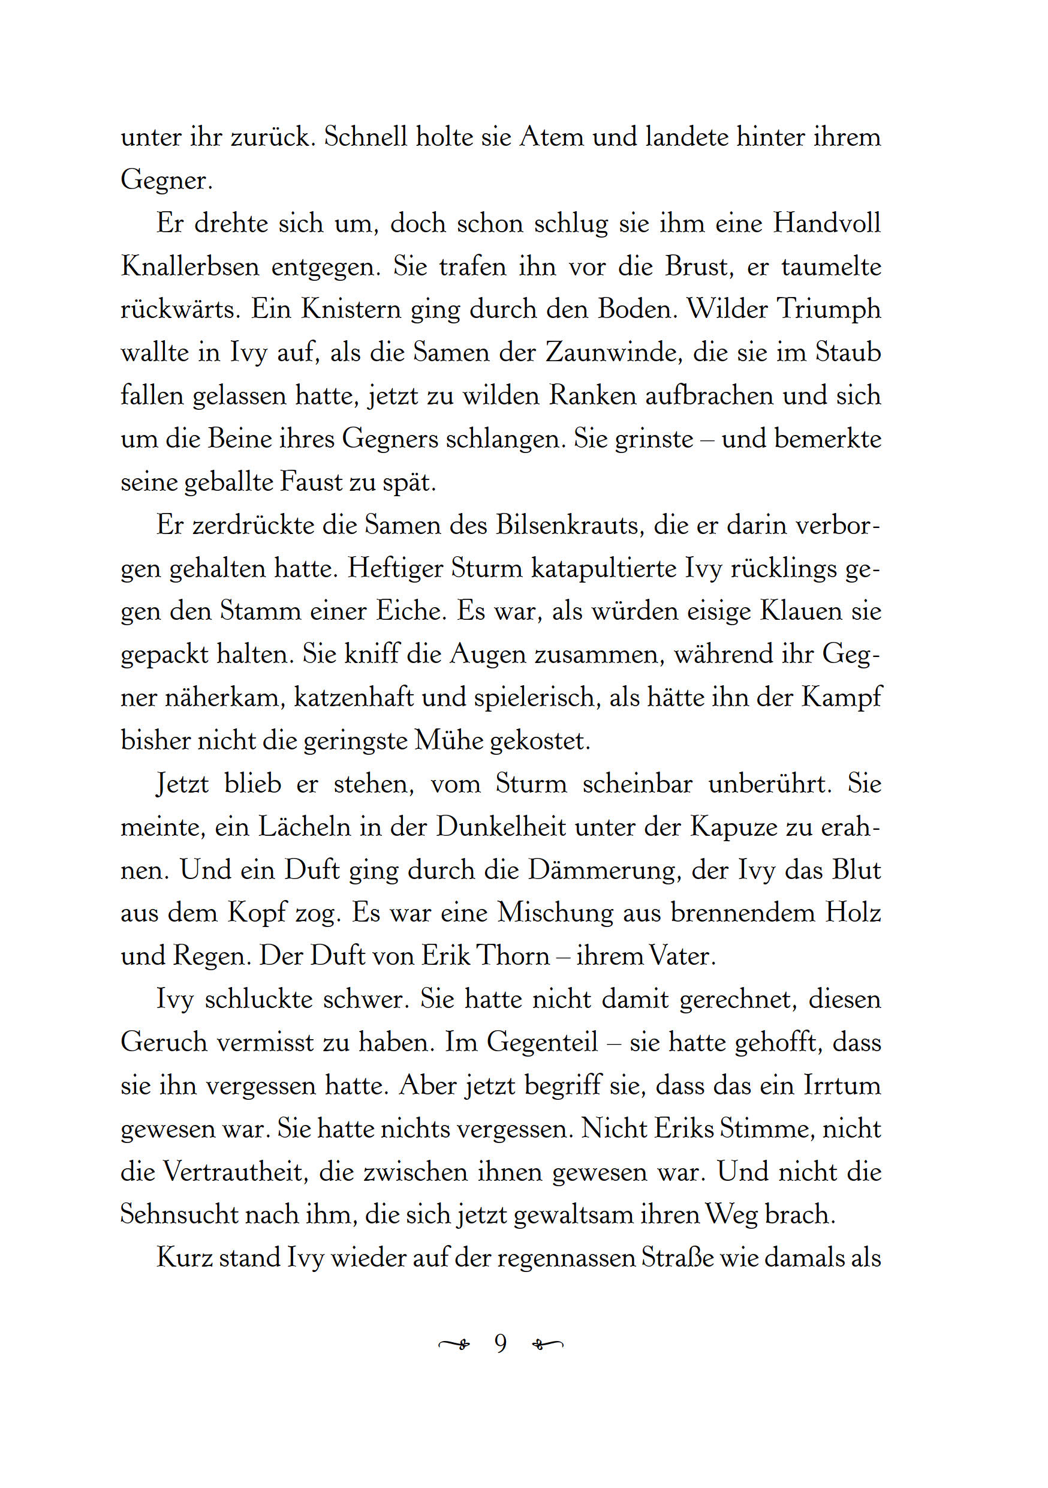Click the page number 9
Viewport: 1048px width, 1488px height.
(500, 1344)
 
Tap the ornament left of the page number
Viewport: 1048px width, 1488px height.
(454, 1345)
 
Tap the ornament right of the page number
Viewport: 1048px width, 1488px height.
(547, 1345)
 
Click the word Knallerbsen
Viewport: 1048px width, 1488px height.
(190, 267)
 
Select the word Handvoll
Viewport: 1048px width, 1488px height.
(827, 224)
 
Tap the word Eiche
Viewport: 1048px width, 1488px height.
(411, 612)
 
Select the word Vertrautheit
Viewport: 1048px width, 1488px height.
(234, 1172)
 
